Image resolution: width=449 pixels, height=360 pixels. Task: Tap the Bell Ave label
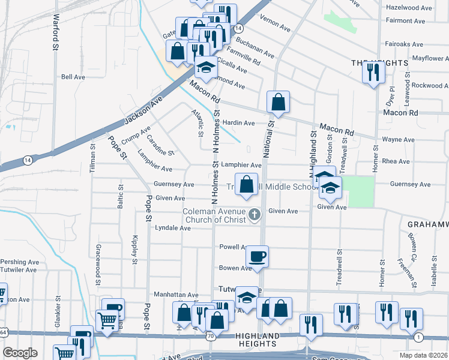pyautogui.click(x=73, y=77)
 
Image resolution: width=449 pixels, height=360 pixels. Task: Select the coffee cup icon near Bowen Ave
pyautogui.click(x=258, y=257)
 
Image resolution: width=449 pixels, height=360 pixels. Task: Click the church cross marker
pyautogui.click(x=255, y=214)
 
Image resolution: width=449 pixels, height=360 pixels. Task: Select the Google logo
pyautogui.click(x=20, y=353)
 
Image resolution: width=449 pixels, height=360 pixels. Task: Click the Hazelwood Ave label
pyautogui.click(x=409, y=8)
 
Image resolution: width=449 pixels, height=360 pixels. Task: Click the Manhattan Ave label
pyautogui.click(x=176, y=295)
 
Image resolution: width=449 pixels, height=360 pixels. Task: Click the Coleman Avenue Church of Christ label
pyautogui.click(x=215, y=215)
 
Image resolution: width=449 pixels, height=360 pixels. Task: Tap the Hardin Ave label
pyautogui.click(x=239, y=123)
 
